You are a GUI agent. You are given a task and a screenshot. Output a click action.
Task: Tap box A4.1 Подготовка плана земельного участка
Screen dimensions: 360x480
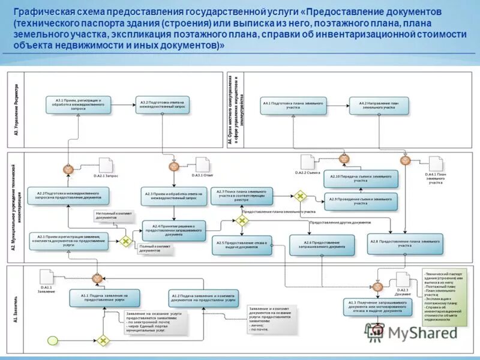click(294, 105)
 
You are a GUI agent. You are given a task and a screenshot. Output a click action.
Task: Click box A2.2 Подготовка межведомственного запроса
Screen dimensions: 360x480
click(68, 196)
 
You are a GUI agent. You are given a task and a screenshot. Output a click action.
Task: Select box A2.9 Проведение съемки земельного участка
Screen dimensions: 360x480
click(360, 202)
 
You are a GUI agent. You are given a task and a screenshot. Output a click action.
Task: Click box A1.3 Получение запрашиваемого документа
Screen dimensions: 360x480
click(376, 305)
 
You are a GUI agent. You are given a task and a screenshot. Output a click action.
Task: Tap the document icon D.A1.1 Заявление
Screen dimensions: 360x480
click(46, 277)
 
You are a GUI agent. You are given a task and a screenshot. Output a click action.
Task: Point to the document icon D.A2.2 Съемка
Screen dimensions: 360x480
click(307, 161)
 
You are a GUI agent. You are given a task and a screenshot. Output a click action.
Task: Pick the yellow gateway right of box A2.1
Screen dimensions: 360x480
click(126, 241)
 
